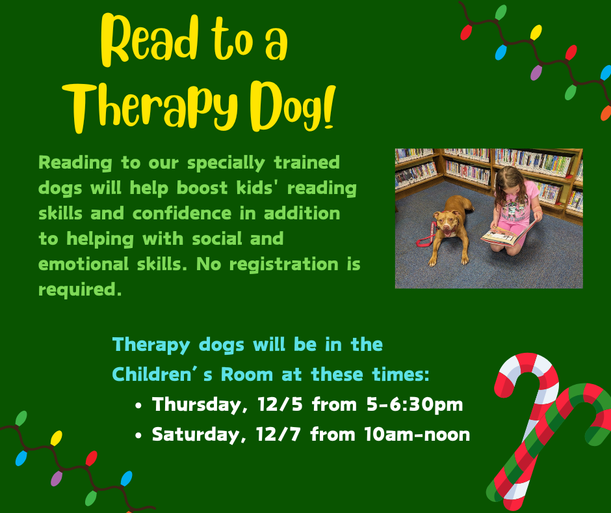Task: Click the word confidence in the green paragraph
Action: pyautogui.click(x=182, y=214)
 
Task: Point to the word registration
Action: pyautogui.click(x=284, y=265)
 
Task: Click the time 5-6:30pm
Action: pyautogui.click(x=415, y=405)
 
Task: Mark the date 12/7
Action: pyautogui.click(x=278, y=434)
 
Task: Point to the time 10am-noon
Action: pyautogui.click(x=417, y=434)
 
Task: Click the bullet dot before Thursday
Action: pyautogui.click(x=138, y=406)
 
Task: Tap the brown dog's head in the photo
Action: pyautogui.click(x=446, y=223)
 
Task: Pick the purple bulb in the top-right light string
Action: pyautogui.click(x=536, y=73)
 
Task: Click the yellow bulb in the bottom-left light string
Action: pyautogui.click(x=56, y=438)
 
